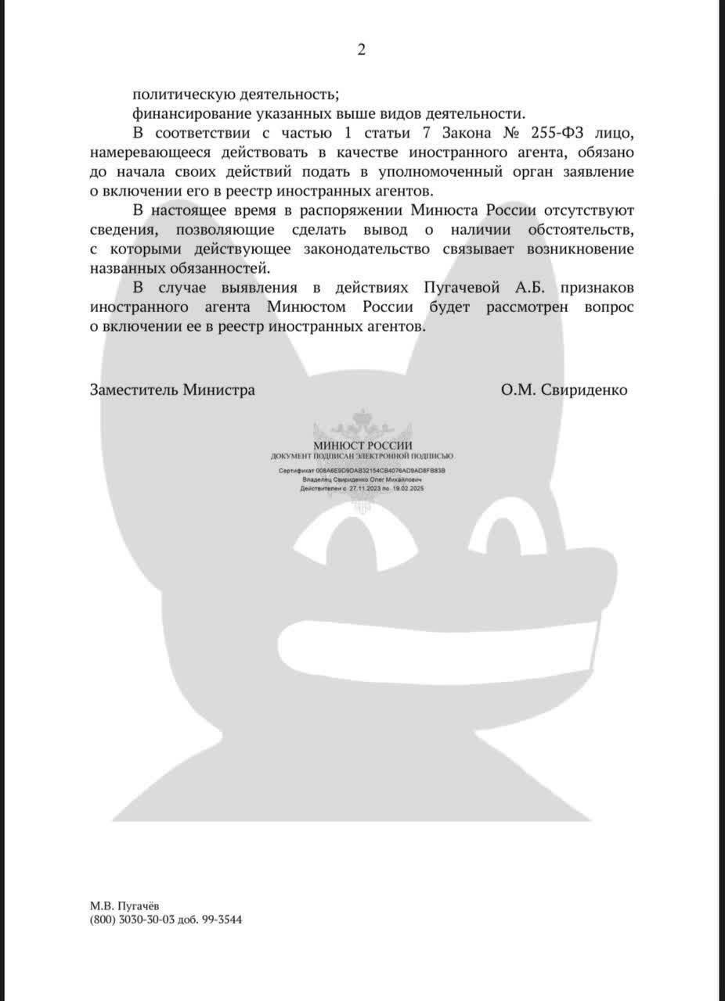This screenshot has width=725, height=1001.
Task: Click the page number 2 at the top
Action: [x=361, y=49]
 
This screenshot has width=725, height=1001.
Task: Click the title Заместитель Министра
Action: [x=172, y=390]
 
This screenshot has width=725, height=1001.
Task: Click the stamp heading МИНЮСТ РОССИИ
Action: [x=362, y=446]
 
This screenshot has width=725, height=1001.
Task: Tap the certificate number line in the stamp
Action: [x=362, y=472]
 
